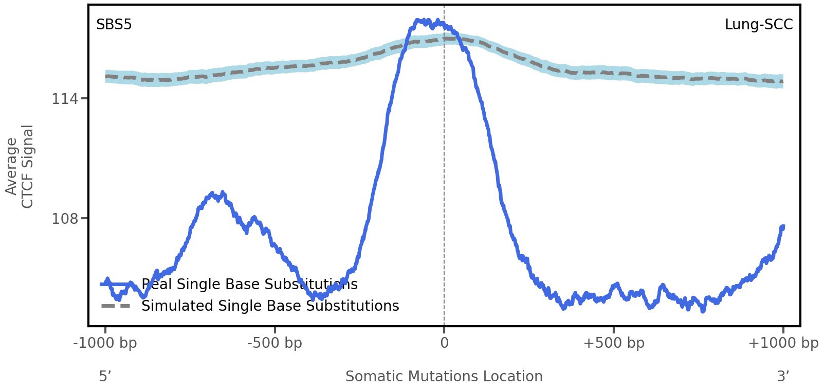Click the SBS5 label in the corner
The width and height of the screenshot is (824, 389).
114,25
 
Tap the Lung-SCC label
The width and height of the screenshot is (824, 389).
759,25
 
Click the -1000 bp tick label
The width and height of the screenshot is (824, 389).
105,343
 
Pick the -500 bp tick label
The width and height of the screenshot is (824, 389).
275,343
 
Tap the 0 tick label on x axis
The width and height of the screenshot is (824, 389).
445,343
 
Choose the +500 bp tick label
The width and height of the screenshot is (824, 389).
614,343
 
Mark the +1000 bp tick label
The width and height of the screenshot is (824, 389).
783,343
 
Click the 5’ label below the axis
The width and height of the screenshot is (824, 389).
105,376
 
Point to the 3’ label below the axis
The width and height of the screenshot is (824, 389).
783,376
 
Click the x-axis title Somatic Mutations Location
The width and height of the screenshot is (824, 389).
444,376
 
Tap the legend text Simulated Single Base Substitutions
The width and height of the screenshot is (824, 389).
270,306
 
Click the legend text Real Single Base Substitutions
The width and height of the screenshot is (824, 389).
250,284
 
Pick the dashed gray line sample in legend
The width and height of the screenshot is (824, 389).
116,306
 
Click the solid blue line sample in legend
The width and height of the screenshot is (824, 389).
116,284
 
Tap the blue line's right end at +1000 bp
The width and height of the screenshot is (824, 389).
783,226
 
